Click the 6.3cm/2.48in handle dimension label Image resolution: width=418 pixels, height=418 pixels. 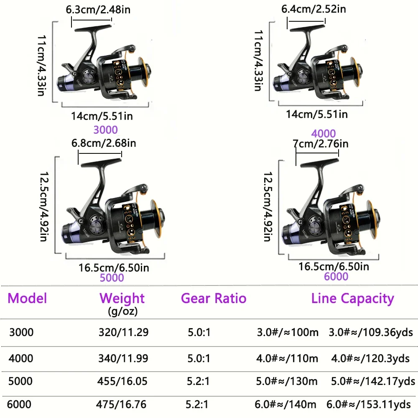(98, 10)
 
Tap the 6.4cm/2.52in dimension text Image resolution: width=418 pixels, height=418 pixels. (313, 9)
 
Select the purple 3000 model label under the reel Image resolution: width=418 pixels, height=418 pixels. (106, 130)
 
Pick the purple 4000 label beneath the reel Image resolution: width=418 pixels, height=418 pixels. (324, 134)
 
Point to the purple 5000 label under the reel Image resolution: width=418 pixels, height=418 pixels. (112, 278)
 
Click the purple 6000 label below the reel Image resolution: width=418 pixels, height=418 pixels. (336, 276)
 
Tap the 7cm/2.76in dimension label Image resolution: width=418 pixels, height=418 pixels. (321, 144)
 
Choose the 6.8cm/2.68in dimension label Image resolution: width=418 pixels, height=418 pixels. (103, 143)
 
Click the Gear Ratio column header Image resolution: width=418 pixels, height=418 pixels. (214, 298)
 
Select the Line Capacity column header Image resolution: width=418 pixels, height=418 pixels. (352, 299)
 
